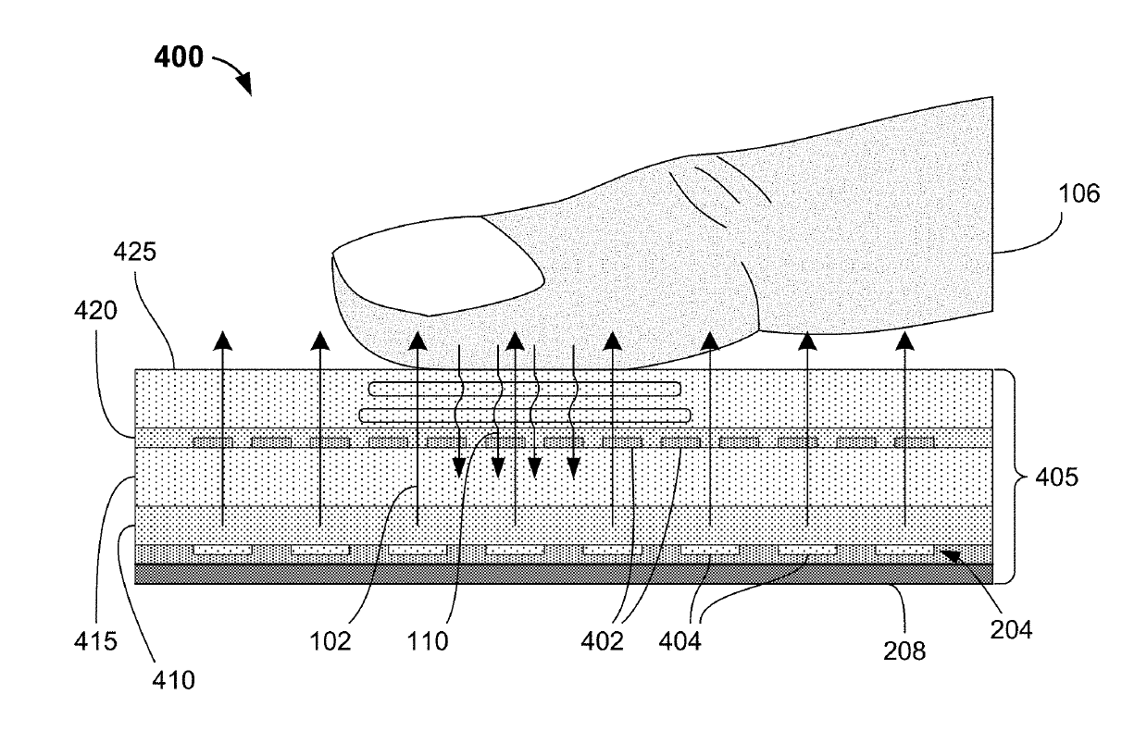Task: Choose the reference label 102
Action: (x=332, y=640)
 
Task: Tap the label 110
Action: (x=429, y=640)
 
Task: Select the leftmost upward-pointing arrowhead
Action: (x=222, y=341)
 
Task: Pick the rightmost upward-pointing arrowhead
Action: (x=905, y=341)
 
